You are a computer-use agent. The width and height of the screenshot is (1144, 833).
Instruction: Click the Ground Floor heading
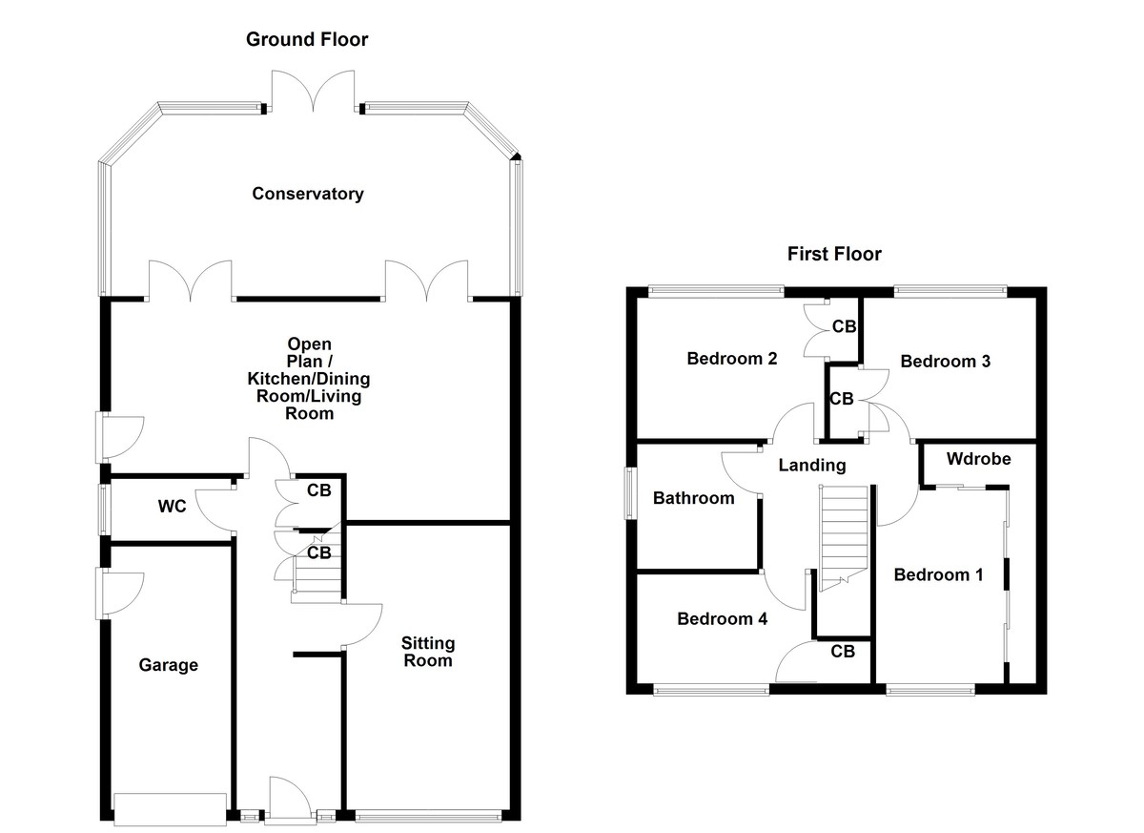tap(306, 39)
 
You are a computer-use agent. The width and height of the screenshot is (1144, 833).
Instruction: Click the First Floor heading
tap(834, 254)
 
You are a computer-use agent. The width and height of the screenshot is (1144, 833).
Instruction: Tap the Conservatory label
tap(307, 194)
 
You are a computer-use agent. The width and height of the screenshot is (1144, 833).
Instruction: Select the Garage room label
tap(169, 665)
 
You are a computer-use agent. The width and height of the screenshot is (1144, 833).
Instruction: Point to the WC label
tap(172, 507)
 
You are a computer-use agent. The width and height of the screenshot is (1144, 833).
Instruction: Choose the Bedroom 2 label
tap(732, 359)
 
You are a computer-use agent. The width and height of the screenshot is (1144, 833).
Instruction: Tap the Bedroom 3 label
tap(945, 362)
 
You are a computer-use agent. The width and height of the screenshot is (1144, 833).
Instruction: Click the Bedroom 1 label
tap(938, 574)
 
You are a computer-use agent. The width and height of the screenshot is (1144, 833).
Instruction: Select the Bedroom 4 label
tap(722, 618)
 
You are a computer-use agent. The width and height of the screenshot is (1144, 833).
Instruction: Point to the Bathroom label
tap(693, 498)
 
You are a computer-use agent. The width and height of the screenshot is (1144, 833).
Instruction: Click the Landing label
tap(811, 466)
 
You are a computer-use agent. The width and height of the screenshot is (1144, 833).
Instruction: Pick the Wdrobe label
tap(978, 459)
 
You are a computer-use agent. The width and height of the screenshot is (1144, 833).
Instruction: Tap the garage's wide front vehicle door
tap(171, 808)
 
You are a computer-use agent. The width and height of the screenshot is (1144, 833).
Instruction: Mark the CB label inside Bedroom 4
tap(843, 652)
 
